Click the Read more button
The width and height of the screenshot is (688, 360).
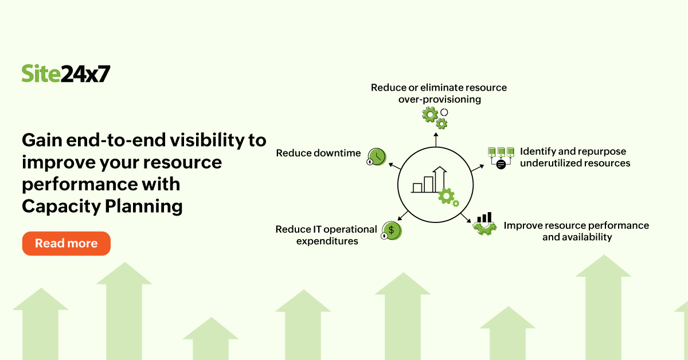click(x=66, y=244)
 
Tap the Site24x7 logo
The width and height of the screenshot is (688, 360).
click(x=65, y=73)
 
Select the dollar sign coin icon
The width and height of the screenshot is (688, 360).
click(x=392, y=230)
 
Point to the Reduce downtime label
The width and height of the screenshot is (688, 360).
click(x=318, y=153)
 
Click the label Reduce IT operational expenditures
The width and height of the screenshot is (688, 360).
click(x=326, y=235)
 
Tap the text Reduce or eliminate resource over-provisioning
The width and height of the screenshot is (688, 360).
click(x=439, y=93)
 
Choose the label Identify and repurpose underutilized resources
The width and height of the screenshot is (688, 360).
click(x=574, y=157)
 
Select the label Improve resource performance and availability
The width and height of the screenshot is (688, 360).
click(x=576, y=231)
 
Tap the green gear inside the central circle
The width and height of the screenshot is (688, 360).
click(x=447, y=197)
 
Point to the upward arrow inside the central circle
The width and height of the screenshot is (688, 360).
click(x=440, y=178)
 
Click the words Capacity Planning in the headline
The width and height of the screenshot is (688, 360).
click(x=102, y=206)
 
